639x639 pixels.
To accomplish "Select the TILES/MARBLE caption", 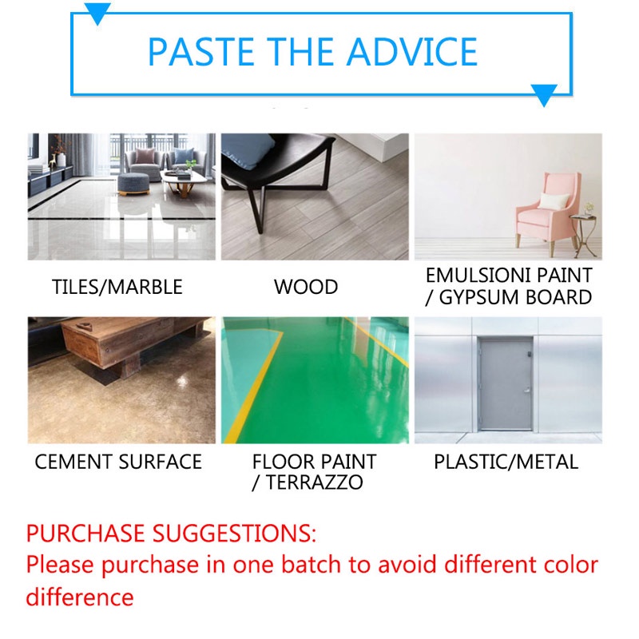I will tap(117, 288).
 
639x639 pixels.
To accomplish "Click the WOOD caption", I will tap(306, 288).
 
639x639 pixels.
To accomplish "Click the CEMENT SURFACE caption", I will tap(118, 462).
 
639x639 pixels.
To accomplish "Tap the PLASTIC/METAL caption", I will tap(506, 462).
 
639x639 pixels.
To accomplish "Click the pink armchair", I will tap(542, 212).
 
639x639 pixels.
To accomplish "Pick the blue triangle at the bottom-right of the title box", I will tap(544, 96).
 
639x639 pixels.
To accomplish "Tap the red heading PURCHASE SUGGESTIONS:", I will tap(172, 532).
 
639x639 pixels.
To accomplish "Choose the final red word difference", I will tap(80, 597).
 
